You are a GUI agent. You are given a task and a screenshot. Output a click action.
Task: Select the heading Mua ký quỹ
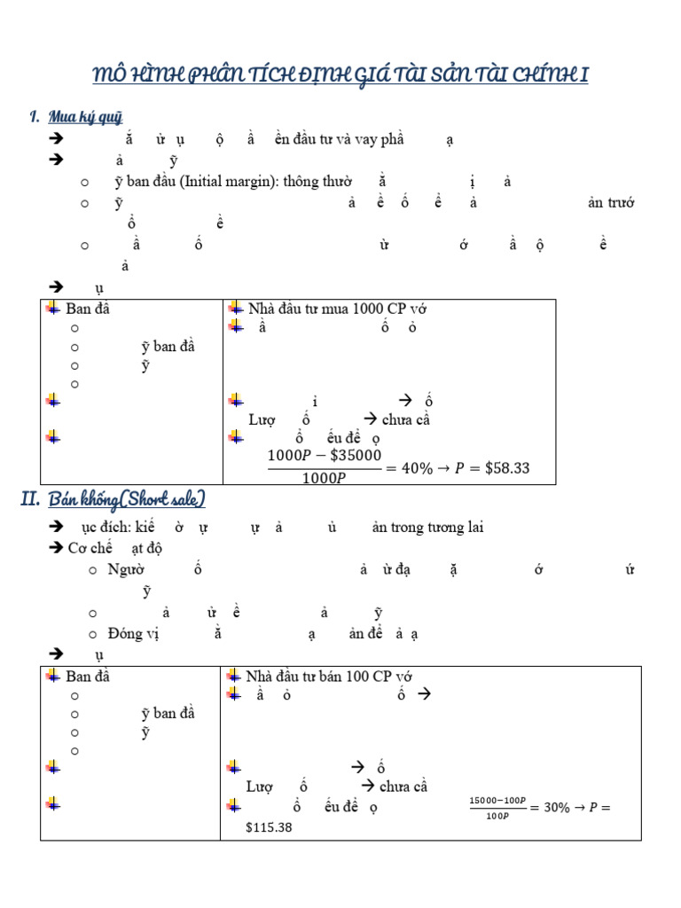(85, 117)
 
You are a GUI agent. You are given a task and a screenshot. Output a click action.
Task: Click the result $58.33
(505, 467)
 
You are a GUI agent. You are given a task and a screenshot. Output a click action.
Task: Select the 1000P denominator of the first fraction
(324, 478)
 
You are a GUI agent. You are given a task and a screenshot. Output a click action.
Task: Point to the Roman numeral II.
(30, 500)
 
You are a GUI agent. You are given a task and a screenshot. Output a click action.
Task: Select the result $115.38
(270, 826)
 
